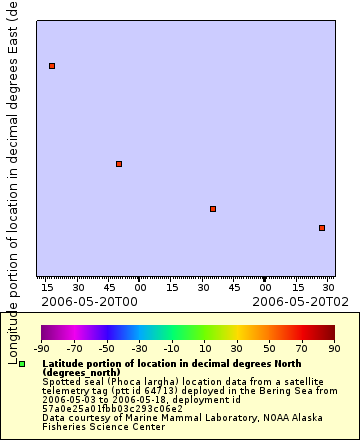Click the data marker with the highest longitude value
52,66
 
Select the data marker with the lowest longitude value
322,228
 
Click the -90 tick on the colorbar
42,348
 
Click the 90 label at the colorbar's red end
334,348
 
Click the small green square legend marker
22,364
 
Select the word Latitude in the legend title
63,363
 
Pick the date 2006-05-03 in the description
67,400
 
